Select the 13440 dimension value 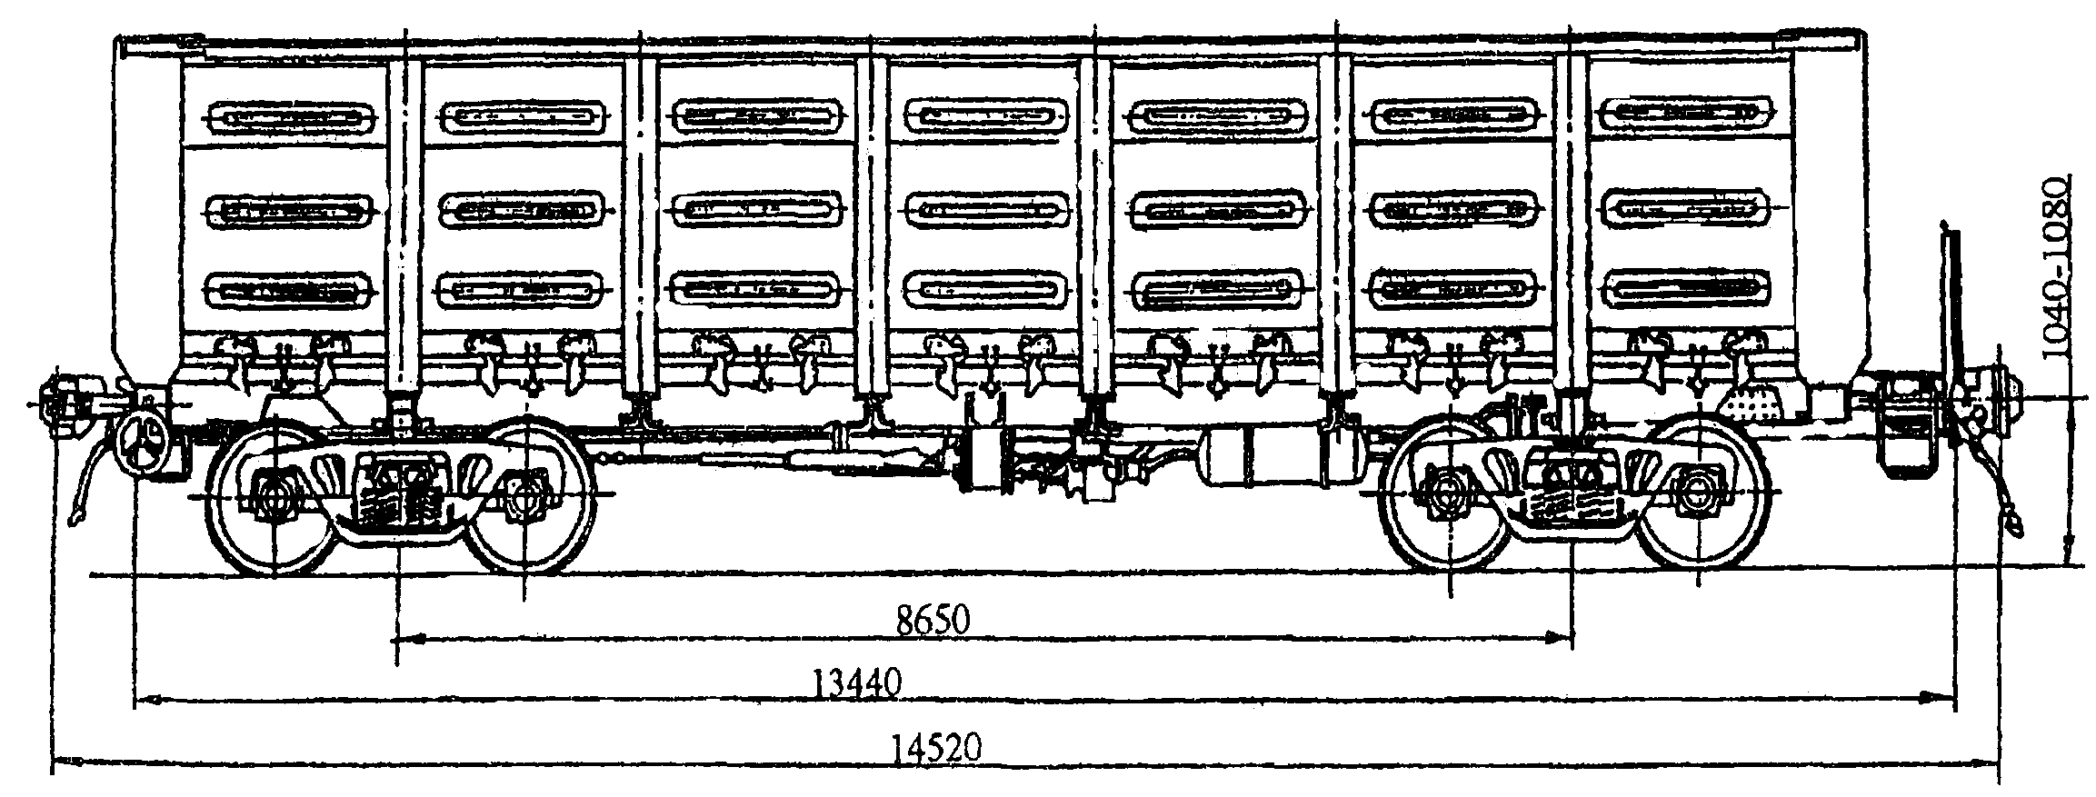coord(856,684)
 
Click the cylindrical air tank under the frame coord(1269,458)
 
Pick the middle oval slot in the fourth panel coord(987,209)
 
